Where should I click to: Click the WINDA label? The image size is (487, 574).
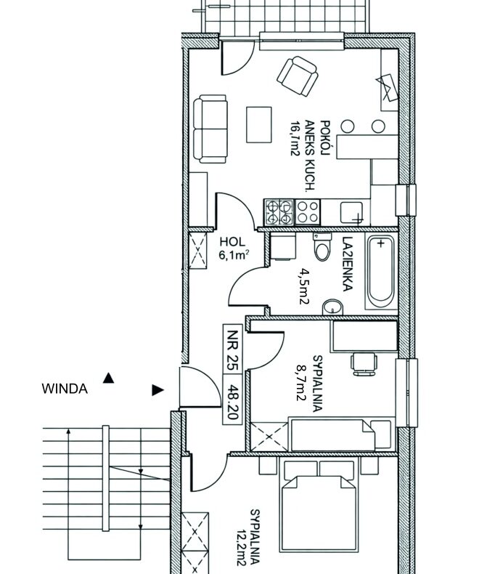click(65, 389)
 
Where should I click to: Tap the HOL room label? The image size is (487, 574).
click(232, 242)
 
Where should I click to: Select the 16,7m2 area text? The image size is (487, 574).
click(295, 138)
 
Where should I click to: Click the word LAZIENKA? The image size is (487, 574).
click(348, 264)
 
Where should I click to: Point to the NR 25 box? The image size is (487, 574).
click(232, 349)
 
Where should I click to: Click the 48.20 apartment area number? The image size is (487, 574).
click(232, 399)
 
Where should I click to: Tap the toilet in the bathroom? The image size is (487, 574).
click(322, 247)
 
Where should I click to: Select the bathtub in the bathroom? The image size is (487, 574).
click(380, 272)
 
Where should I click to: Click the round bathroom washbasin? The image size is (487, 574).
click(332, 307)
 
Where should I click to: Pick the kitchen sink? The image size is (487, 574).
click(351, 212)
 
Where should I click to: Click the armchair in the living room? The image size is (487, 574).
click(298, 76)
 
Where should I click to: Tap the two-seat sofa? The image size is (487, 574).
click(210, 129)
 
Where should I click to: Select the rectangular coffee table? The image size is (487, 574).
click(259, 124)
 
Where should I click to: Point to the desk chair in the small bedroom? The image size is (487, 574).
click(364, 363)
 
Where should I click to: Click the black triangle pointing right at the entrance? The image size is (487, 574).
click(157, 390)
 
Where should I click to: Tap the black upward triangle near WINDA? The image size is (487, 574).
click(108, 378)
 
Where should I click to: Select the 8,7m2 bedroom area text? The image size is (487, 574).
click(301, 384)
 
